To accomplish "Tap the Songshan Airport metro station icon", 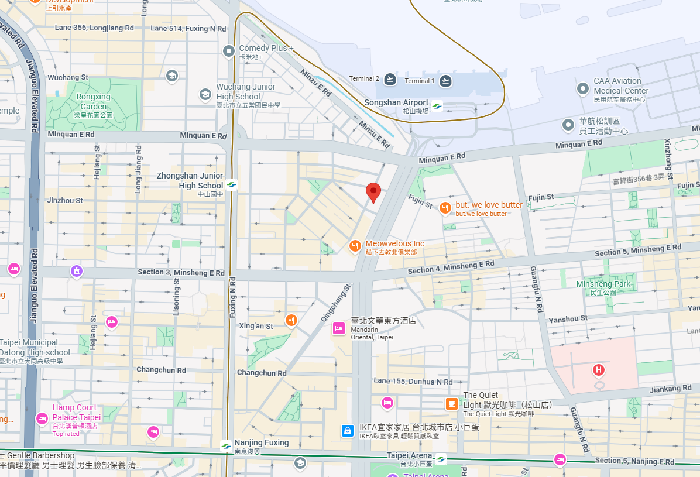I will point(437,107).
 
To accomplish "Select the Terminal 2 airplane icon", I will point(390,79).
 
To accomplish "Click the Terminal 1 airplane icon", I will point(446,80).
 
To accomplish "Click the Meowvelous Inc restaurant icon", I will point(354,246).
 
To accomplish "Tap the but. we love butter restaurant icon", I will point(445,208).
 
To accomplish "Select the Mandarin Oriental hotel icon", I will point(338,328).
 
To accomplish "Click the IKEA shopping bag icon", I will point(348,431).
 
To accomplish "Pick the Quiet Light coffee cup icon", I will point(451,403).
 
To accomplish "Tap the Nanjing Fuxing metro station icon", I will point(226,447).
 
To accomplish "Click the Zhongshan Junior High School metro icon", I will point(232,185).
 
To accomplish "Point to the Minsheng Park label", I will point(603,284).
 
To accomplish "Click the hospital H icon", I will point(598,370).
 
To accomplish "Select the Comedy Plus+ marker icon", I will point(229,52).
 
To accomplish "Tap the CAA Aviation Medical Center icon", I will point(582,89).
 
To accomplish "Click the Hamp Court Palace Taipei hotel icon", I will point(42,418).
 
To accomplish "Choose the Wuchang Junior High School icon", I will point(205,94).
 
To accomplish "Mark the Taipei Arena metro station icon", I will point(440,459).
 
